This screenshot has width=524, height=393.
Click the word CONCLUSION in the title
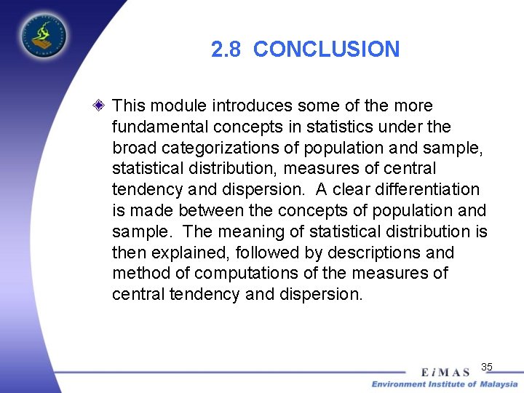coord(327,49)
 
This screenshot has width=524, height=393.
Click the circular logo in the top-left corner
coord(43,34)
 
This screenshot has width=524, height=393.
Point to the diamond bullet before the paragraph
coord(101,106)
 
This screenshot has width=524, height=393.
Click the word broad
coord(135,148)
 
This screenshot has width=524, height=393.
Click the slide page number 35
coord(487,366)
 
